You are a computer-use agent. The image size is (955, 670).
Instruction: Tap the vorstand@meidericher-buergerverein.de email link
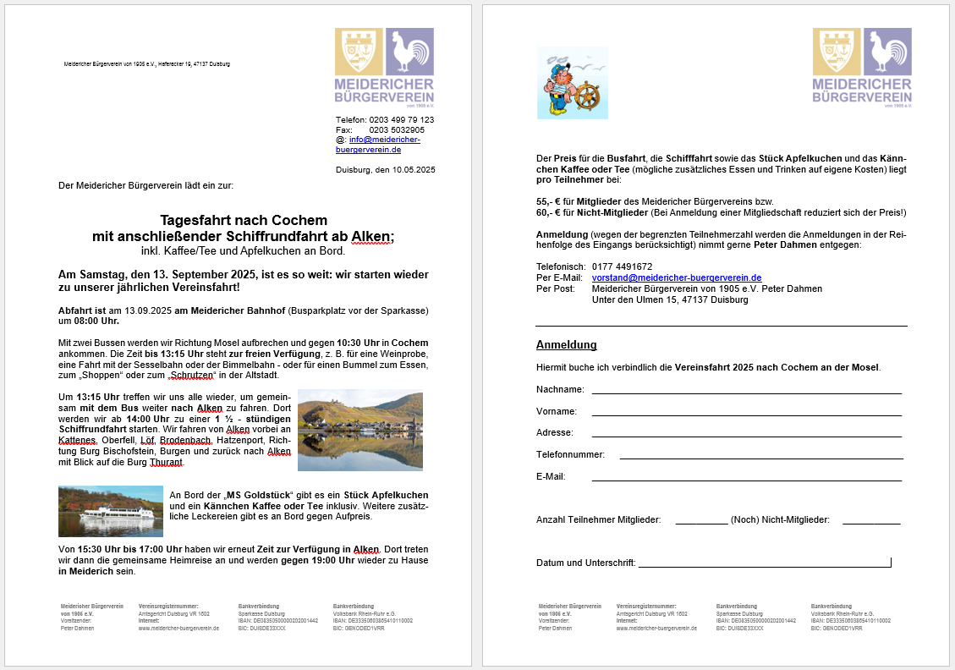point(677,277)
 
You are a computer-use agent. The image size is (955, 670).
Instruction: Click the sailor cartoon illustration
point(572,83)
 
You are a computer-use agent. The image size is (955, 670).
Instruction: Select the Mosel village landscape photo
point(360,430)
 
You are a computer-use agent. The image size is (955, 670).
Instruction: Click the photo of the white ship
point(111,511)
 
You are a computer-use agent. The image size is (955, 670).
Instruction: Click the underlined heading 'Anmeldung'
point(567,345)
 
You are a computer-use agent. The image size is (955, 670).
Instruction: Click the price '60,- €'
point(550,213)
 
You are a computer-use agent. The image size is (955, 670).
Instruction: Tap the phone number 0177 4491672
point(623,266)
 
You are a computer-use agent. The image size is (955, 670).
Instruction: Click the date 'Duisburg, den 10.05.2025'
point(385,170)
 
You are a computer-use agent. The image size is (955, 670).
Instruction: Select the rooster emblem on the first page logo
point(410,52)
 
